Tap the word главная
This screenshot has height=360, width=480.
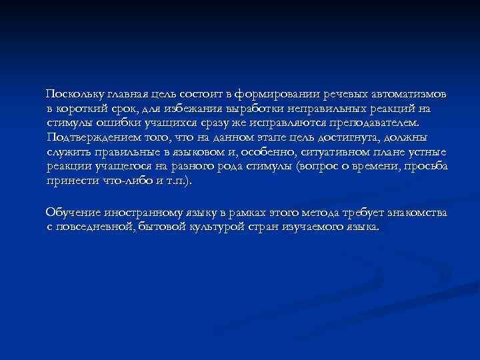pyautogui.click(x=133, y=93)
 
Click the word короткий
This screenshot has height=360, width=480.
pyautogui.click(x=81, y=108)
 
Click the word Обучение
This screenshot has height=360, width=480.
pyautogui.click(x=72, y=212)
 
